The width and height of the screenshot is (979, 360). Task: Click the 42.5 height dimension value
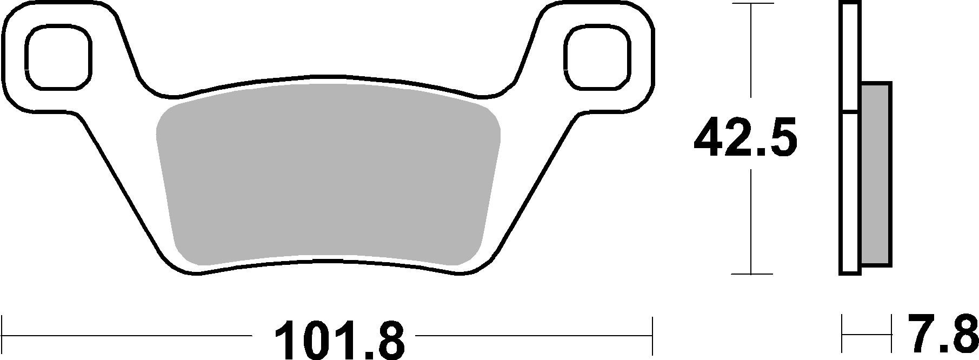[x=745, y=139]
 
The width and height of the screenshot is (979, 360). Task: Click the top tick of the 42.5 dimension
[x=751, y=4]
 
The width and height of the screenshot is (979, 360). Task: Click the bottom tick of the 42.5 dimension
[x=751, y=274]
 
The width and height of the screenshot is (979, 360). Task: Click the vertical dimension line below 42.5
[x=751, y=222]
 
